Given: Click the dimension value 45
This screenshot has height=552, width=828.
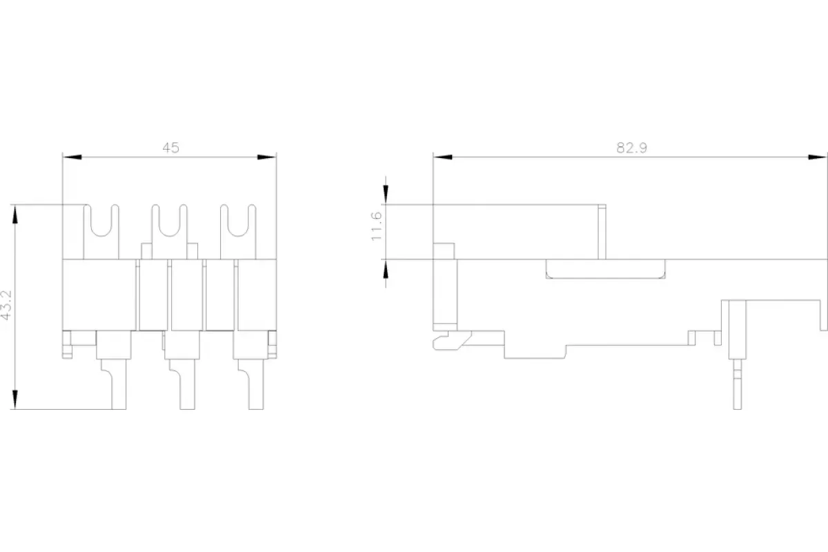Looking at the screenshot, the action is (x=171, y=148).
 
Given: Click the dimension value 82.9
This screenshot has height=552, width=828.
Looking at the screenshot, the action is (x=632, y=148).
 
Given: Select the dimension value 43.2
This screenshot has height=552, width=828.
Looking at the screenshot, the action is (x=6, y=306).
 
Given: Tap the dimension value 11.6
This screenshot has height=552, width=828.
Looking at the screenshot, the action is (x=376, y=226).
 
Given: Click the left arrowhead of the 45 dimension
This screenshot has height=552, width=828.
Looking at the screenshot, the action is (x=72, y=157).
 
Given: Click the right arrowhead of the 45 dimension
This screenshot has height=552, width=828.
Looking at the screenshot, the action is (x=267, y=157).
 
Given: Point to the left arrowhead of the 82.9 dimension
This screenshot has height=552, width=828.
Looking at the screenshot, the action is (x=443, y=157).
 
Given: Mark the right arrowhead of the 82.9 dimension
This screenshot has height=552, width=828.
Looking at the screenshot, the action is (x=817, y=157).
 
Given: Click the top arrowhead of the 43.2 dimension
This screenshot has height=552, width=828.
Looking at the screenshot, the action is (x=14, y=215).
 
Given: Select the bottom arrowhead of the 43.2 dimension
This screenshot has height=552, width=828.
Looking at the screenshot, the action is (x=14, y=400).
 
